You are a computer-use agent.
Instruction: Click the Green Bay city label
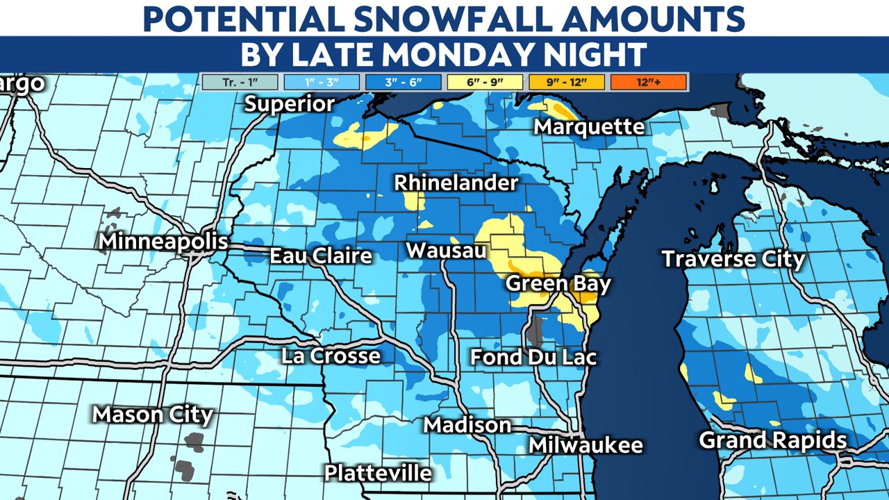click(558, 283)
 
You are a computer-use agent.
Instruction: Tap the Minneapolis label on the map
click(163, 242)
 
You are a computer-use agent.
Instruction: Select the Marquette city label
click(589, 127)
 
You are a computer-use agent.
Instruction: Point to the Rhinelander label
click(456, 183)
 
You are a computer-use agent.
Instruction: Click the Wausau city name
click(447, 250)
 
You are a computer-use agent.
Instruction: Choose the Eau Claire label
click(321, 256)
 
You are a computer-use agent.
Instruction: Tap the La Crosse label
click(331, 356)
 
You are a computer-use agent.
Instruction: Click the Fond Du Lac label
click(533, 357)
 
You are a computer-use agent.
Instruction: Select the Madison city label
click(467, 424)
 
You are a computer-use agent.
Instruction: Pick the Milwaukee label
click(585, 445)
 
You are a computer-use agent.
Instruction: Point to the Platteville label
click(378, 473)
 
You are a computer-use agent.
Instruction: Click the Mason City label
click(153, 415)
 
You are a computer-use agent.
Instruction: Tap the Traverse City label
click(733, 259)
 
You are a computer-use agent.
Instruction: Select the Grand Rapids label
click(772, 440)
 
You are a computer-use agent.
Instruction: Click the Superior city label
click(290, 104)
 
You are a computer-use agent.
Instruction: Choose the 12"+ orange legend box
click(649, 83)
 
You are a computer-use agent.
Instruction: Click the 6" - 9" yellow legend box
click(485, 83)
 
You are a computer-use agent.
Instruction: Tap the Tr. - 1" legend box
click(240, 83)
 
